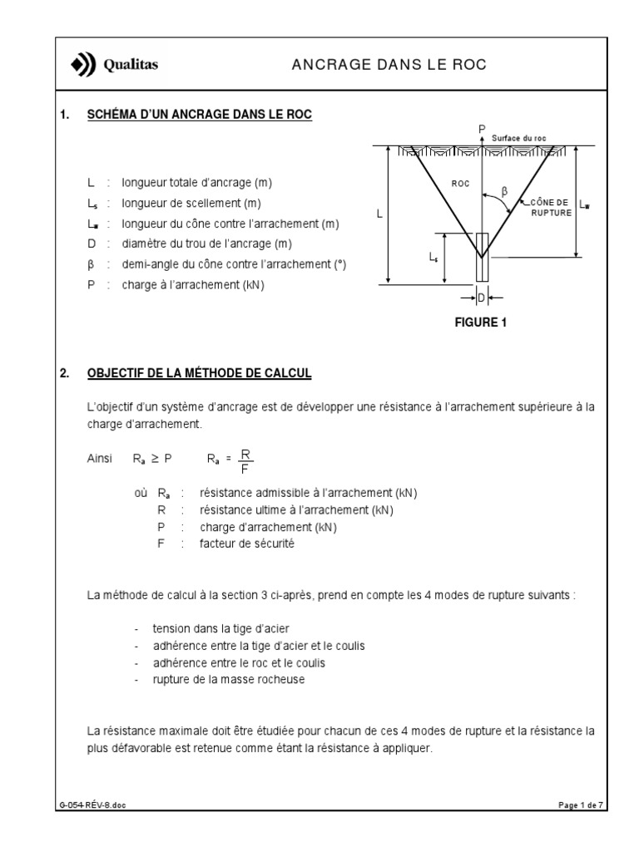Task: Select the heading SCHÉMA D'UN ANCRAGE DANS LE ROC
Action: (x=200, y=115)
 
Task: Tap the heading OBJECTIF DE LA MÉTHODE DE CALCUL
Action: (x=199, y=374)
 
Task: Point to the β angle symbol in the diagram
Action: (x=504, y=191)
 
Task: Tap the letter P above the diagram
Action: (x=481, y=127)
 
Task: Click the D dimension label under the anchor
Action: (x=480, y=296)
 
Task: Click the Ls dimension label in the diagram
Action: (x=433, y=258)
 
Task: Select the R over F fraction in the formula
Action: (x=245, y=458)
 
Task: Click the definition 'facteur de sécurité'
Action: (x=247, y=544)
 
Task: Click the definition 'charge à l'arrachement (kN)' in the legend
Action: (x=195, y=284)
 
